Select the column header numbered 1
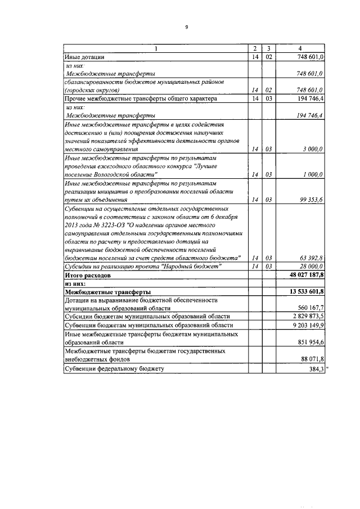click(156, 48)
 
